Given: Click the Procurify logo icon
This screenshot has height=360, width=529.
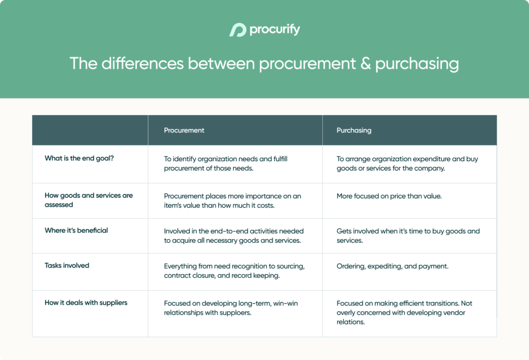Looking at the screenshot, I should click(x=238, y=30).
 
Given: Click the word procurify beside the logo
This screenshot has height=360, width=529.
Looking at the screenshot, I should click(x=274, y=30).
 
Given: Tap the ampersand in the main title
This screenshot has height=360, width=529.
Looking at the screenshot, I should click(x=366, y=64).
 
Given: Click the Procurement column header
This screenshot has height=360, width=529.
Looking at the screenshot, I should click(x=184, y=131).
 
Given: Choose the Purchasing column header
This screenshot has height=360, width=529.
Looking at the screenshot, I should click(x=354, y=131).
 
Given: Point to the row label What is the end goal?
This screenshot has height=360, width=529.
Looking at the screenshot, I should click(x=79, y=159).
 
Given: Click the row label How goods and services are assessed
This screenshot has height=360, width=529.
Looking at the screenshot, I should click(x=88, y=200).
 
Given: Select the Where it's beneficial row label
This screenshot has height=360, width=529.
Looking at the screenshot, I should click(x=76, y=230).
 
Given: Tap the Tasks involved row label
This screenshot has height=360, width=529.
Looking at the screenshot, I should click(x=67, y=265).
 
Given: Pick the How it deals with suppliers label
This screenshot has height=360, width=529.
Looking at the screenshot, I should click(x=85, y=303).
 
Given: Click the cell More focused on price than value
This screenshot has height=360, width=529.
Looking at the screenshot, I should click(x=390, y=196).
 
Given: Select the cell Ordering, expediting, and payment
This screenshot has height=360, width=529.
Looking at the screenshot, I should click(x=392, y=267).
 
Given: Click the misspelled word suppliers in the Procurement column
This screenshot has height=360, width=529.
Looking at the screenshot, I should click(x=235, y=313).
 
